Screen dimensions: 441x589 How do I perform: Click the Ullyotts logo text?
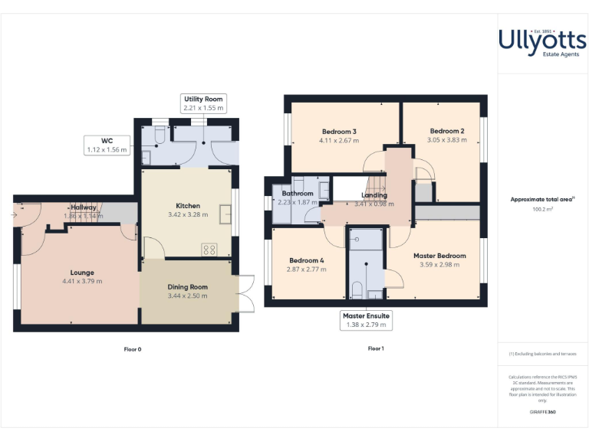pyautogui.click(x=542, y=40)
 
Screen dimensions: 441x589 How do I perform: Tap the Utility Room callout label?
pyautogui.click(x=203, y=103)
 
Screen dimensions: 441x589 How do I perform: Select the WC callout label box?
pyautogui.click(x=107, y=145)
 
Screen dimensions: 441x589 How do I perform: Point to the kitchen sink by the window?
pyautogui.click(x=225, y=215)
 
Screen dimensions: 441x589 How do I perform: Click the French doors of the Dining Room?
pyautogui.click(x=246, y=293)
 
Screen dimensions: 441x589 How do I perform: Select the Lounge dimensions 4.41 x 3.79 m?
pyautogui.click(x=82, y=281)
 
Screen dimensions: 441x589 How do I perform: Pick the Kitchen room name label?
pyautogui.click(x=188, y=206)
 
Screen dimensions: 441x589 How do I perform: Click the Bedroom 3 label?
pyautogui.click(x=339, y=132)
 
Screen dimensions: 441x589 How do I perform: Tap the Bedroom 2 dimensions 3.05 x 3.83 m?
pyautogui.click(x=446, y=140)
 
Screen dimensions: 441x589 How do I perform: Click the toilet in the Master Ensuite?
pyautogui.click(x=357, y=289)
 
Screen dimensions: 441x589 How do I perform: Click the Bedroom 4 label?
pyautogui.click(x=305, y=260)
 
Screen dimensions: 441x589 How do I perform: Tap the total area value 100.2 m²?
pyautogui.click(x=542, y=208)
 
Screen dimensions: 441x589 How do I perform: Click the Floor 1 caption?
pyautogui.click(x=375, y=348)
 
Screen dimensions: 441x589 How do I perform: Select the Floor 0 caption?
pyautogui.click(x=133, y=349)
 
